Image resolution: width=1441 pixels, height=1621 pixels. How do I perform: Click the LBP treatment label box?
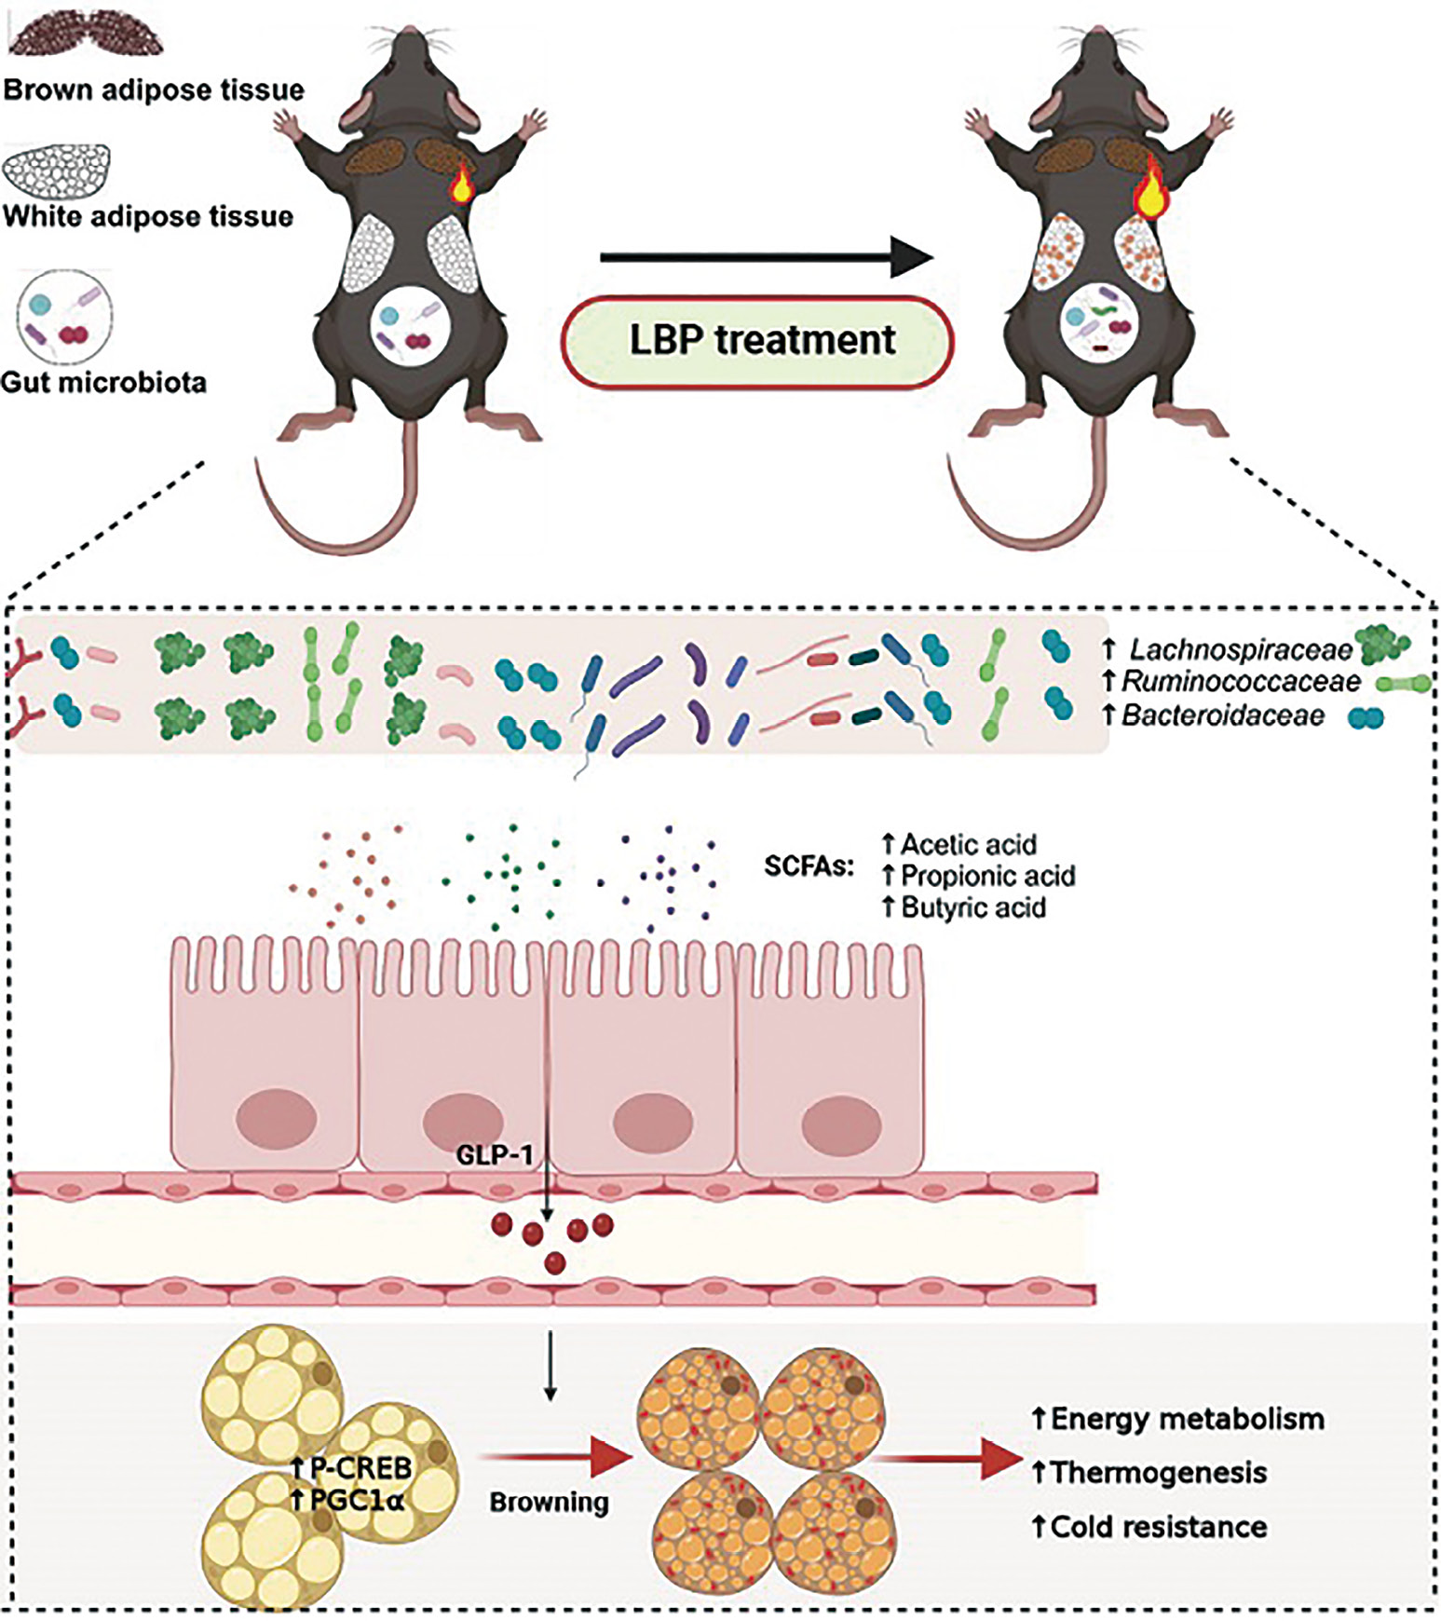tap(758, 341)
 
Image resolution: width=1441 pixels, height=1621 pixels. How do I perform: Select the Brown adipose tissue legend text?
tap(154, 90)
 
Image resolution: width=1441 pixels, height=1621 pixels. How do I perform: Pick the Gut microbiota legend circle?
tap(64, 318)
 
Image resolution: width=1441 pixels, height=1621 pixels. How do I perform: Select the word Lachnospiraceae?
tap(1241, 650)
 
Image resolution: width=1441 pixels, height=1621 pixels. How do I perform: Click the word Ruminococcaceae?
tap(1241, 683)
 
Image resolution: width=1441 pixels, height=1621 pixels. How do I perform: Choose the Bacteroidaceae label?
tap(1223, 715)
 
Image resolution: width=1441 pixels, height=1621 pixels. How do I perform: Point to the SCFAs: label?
tap(809, 867)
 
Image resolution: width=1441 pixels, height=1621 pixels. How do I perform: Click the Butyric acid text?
tap(973, 907)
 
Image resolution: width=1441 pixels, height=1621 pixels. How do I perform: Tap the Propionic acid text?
tap(987, 876)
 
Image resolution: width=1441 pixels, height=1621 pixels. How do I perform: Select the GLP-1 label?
tap(495, 1156)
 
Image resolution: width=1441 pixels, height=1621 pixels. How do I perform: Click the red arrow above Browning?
tap(550, 1458)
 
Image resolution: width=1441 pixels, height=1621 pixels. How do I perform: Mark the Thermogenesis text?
tap(1160, 1473)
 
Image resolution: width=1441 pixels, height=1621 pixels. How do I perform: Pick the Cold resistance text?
tap(1159, 1527)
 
